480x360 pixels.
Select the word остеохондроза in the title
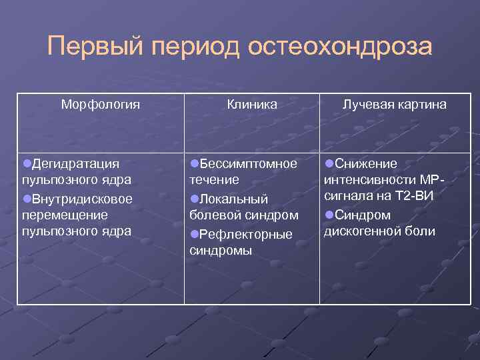(x=340, y=47)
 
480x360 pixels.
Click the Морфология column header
(x=100, y=105)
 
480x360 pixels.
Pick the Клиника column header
(x=252, y=105)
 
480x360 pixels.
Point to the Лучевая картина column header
(x=395, y=105)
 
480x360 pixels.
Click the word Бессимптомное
(x=249, y=163)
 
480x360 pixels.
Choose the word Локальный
(x=233, y=199)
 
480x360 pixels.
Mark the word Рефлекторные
(x=246, y=234)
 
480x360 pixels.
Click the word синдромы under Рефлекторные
(x=221, y=251)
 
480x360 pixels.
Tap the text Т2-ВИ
(x=415, y=197)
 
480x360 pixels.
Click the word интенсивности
(x=370, y=180)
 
